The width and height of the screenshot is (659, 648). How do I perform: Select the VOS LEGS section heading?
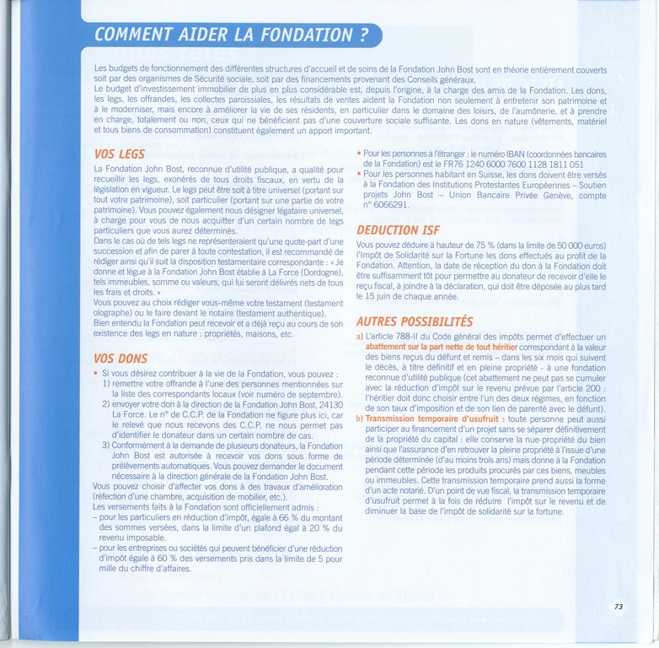[x=120, y=154]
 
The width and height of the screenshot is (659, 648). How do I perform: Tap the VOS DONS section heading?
[x=121, y=357]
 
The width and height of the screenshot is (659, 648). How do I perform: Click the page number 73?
[x=619, y=606]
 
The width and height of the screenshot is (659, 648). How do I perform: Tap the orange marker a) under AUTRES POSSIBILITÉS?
[x=360, y=337]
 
